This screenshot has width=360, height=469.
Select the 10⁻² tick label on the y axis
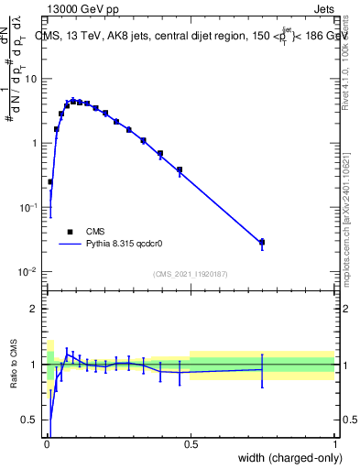(x=27, y=272)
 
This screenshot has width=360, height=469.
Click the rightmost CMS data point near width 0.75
(x=262, y=242)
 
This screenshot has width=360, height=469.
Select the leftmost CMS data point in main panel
(x=50, y=182)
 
